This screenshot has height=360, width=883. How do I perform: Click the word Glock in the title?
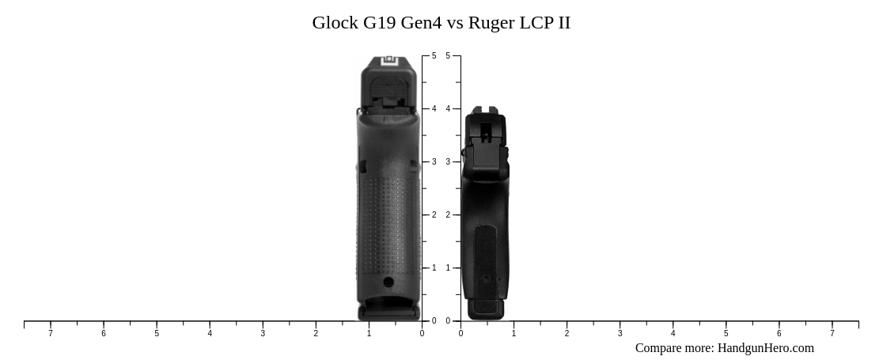coord(335,22)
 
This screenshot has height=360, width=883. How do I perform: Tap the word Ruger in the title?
coord(491,22)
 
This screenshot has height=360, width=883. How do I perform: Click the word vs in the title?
coord(455,22)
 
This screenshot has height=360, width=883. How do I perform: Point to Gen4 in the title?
coord(422,22)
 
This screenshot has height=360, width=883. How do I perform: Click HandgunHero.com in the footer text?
coord(765,348)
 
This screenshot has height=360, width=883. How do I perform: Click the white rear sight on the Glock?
coord(389,61)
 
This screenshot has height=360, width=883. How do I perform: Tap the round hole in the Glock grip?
coord(388,282)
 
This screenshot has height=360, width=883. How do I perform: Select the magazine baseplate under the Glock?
coord(388,313)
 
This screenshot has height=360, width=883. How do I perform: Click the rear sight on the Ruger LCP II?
coord(485,112)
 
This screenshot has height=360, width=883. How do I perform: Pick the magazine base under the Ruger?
coord(485,309)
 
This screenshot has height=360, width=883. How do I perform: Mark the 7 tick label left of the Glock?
coord(51,334)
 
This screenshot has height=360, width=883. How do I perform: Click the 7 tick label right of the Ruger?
coord(832,334)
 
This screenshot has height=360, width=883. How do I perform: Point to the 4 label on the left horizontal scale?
coord(210,334)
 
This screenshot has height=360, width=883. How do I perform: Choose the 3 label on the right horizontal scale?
coord(620,334)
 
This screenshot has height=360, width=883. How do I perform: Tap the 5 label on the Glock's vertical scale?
coord(434,56)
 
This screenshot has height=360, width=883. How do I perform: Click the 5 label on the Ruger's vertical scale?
coord(448,56)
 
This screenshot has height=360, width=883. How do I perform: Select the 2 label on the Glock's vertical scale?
coord(434,215)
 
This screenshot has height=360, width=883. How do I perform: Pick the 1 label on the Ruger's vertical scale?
coord(448,268)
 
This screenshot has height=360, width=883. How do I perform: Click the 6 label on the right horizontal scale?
coord(779,334)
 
